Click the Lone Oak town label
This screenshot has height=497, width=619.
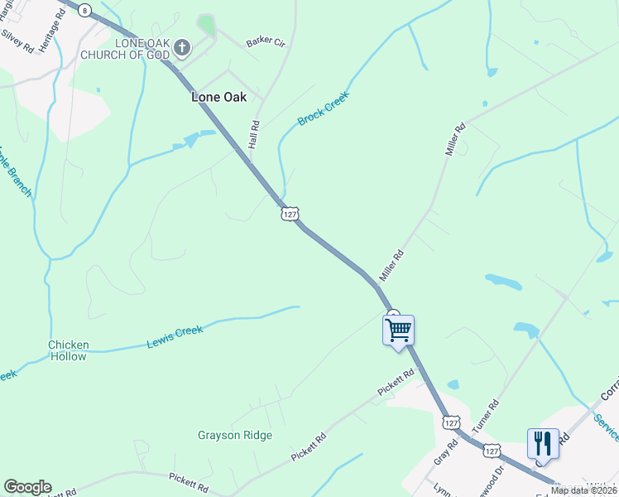tap(218, 97)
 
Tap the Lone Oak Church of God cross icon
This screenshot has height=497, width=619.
tap(183, 48)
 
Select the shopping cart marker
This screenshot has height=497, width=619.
tap(398, 331)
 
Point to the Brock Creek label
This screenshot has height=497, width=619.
tap(324, 109)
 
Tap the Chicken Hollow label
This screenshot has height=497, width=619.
tap(68, 350)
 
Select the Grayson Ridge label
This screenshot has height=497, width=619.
tap(235, 435)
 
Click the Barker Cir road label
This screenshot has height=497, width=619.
tap(265, 41)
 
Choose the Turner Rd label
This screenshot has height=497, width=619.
tap(486, 417)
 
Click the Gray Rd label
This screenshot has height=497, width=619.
tap(445, 455)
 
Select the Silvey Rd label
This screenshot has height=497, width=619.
tap(17, 41)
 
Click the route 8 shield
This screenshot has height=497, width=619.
tap(84, 8)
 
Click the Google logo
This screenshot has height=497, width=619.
tap(27, 487)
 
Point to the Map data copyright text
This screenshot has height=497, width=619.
tap(583, 490)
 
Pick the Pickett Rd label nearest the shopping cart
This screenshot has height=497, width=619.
tap(396, 382)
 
